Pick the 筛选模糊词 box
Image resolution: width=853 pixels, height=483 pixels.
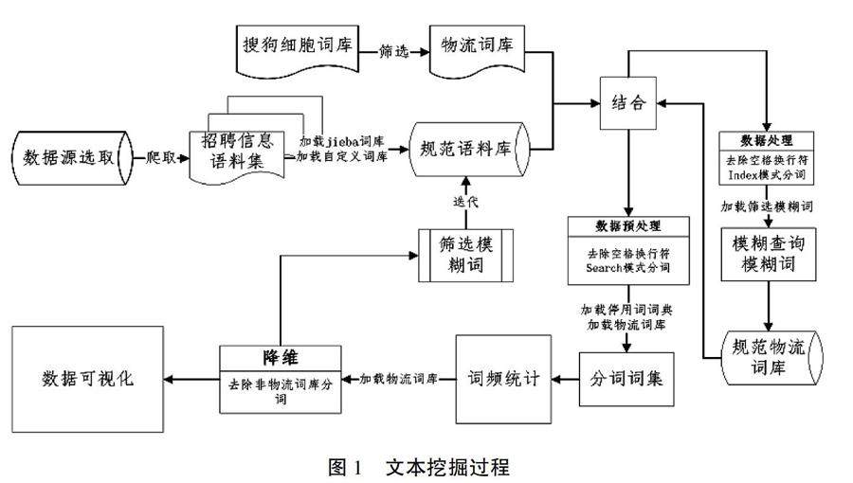pos(463,254)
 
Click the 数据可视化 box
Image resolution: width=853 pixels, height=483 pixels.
pos(87,379)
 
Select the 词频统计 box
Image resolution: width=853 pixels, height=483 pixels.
pos(503,379)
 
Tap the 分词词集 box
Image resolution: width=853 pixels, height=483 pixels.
pos(627,379)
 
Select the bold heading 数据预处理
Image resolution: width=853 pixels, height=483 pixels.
pos(627,225)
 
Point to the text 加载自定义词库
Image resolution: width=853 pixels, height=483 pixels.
pos(342,156)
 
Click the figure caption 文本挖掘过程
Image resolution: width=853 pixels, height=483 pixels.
pos(448,466)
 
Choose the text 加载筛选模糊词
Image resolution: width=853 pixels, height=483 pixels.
pos(768,205)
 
